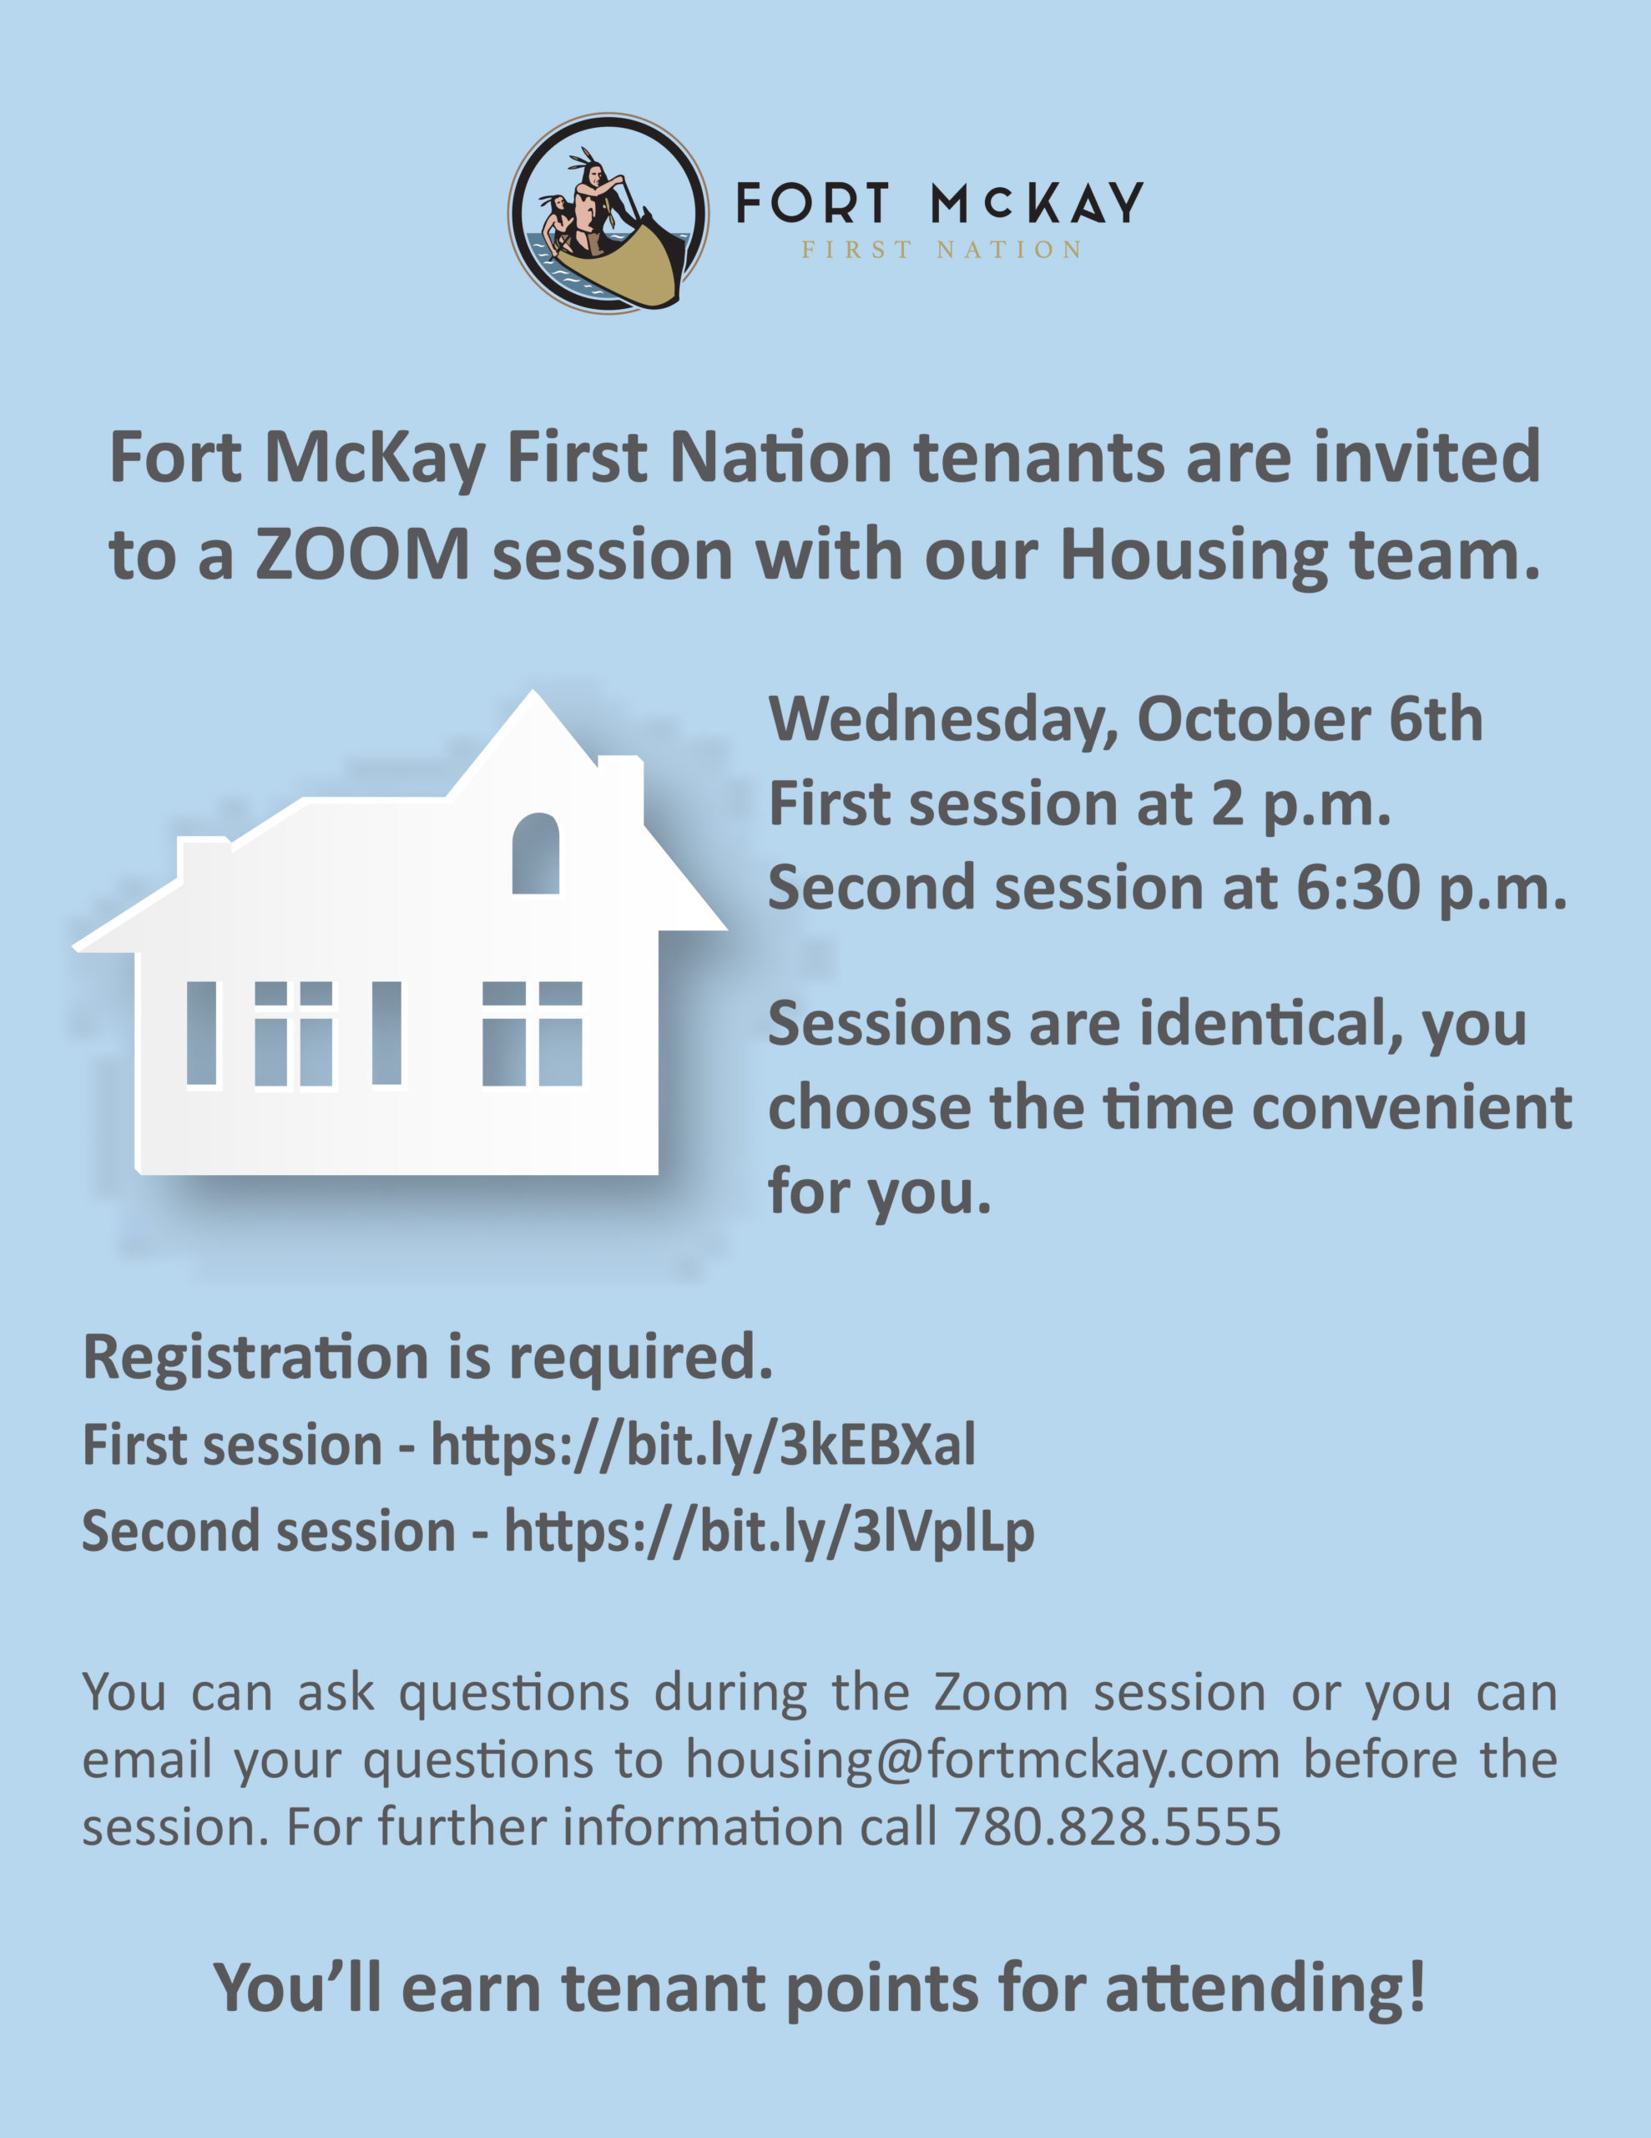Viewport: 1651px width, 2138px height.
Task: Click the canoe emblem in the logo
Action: [x=608, y=214]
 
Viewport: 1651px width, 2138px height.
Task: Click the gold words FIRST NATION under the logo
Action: [x=942, y=251]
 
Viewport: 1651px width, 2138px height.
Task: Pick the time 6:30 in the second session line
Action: [x=1357, y=888]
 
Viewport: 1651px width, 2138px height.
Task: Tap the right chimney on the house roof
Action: [x=620, y=789]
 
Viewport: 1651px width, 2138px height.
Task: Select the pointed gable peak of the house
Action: [x=533, y=692]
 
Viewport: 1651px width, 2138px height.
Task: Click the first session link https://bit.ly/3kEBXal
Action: [x=703, y=1446]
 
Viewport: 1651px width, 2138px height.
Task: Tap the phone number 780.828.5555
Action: [x=1118, y=1826]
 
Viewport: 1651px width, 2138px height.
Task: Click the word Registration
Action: [x=256, y=1359]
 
